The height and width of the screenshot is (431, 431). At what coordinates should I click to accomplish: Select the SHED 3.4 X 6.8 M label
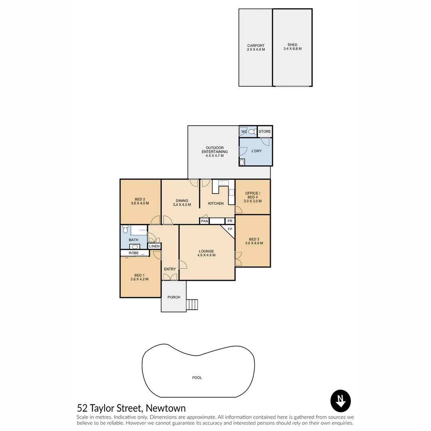[x=292, y=47]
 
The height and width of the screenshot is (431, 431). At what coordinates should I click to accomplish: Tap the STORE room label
[x=265, y=131]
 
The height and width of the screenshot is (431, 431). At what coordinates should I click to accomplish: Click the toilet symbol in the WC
[x=252, y=131]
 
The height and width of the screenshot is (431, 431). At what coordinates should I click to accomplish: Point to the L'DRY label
[x=257, y=151]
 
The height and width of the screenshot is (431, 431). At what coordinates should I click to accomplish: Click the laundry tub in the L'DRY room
[x=242, y=162]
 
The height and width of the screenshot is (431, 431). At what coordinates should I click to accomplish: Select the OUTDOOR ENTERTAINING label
[x=215, y=151]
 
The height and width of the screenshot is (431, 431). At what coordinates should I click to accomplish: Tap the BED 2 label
[x=140, y=201]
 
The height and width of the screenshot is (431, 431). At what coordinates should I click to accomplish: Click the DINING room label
[x=182, y=203]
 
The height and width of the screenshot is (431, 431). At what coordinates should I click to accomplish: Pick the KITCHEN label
[x=216, y=204]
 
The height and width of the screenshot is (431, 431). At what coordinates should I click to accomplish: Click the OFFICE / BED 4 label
[x=253, y=197]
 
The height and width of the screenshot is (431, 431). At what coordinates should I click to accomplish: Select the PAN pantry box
[x=204, y=221]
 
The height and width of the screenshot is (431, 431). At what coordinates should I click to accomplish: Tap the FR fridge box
[x=230, y=221]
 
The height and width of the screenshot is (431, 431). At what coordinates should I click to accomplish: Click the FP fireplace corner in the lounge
[x=229, y=230]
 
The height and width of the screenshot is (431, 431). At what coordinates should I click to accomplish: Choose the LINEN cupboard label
[x=154, y=246]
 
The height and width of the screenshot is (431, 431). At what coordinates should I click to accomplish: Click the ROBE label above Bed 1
[x=134, y=253]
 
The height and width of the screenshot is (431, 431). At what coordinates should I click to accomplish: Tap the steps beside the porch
[x=192, y=305]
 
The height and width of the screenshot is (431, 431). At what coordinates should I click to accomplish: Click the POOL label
[x=197, y=378]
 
